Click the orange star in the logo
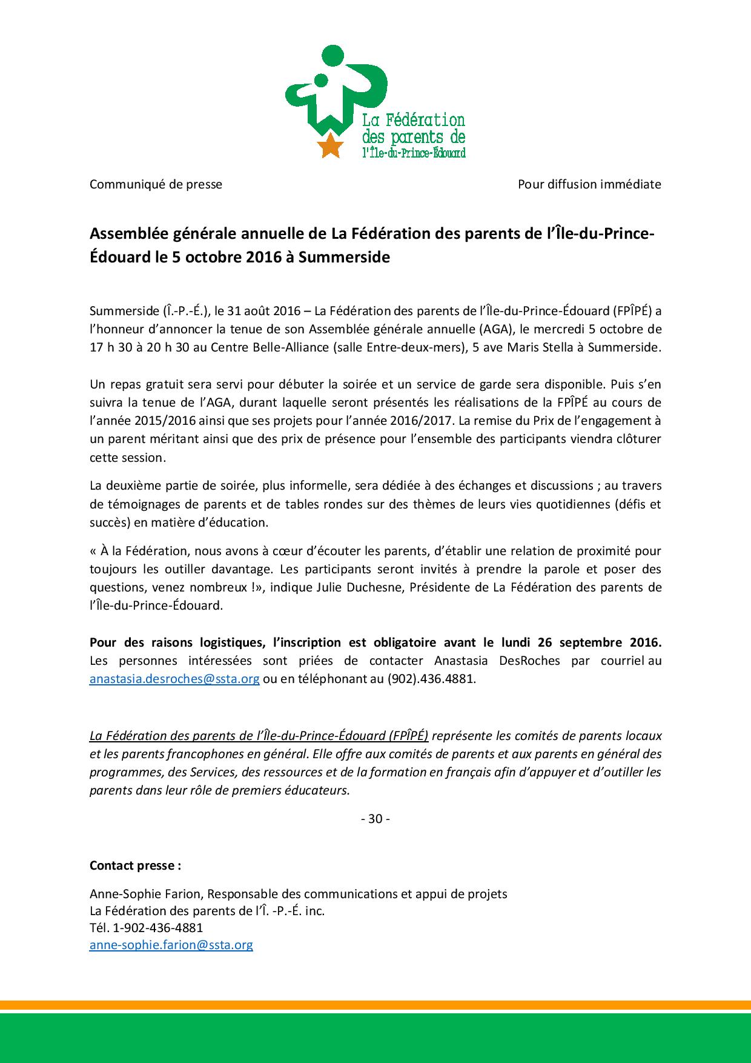tap(330, 145)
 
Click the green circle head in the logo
tap(331, 58)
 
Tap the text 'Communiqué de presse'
tap(156, 184)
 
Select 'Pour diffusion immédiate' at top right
tap(589, 184)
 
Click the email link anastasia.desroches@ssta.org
tap(174, 679)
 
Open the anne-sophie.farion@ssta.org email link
tap(171, 945)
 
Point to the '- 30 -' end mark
tap(375, 819)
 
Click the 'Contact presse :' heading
tap(135, 865)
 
